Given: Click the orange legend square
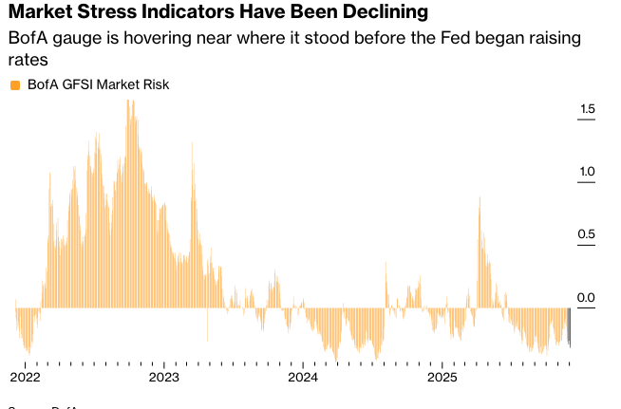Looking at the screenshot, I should (14, 85).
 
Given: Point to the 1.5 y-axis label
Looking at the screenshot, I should (586, 110).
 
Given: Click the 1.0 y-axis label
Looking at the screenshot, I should (586, 173).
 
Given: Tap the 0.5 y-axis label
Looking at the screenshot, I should (586, 235).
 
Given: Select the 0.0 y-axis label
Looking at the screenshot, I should (586, 298).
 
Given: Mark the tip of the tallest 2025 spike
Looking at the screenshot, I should (480, 198).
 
